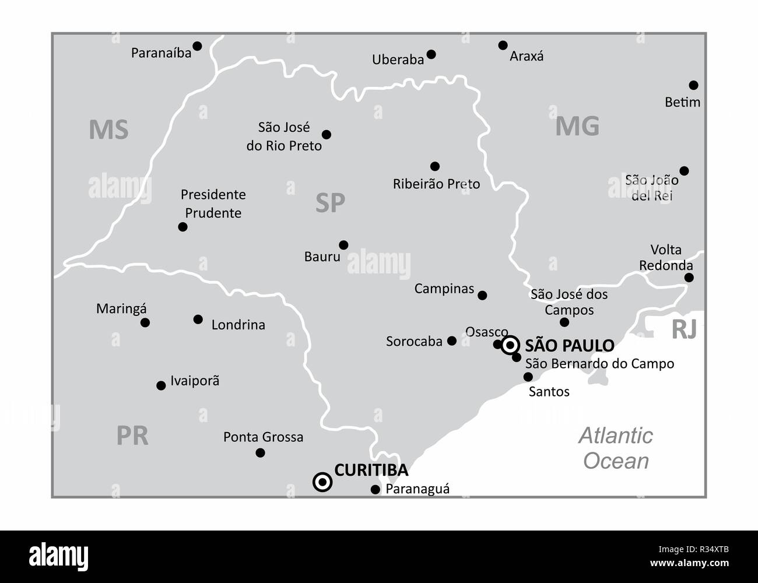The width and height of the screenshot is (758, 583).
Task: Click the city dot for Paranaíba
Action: coord(197,45)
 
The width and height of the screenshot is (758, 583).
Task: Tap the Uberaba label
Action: coord(398,59)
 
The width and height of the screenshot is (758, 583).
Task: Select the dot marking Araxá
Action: coord(503,45)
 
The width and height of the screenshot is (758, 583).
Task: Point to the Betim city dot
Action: coord(693,85)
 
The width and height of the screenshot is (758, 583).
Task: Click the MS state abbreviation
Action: coord(108,129)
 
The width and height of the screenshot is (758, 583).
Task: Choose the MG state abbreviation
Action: coord(577,126)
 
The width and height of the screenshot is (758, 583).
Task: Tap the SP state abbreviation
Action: coord(330,203)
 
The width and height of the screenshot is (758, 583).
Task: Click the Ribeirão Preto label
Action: coord(436,184)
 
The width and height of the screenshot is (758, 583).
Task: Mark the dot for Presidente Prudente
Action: coord(183,227)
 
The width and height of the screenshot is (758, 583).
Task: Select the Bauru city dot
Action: coord(343,245)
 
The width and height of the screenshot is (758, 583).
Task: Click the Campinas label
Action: coord(444,289)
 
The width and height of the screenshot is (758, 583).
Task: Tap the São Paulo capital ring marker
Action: coord(510,345)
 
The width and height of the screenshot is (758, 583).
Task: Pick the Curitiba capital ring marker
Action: coord(322,482)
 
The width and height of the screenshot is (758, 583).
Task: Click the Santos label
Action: coord(549,392)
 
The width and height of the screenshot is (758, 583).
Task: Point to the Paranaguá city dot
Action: coord(376,490)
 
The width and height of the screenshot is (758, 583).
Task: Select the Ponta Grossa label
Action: coord(263,437)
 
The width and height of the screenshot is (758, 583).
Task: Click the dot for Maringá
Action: coord(145,322)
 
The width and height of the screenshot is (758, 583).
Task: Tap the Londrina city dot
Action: coord(198,319)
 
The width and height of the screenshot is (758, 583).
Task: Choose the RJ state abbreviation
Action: coord(684,330)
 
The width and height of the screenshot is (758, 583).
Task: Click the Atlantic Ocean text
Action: coord(616,448)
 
